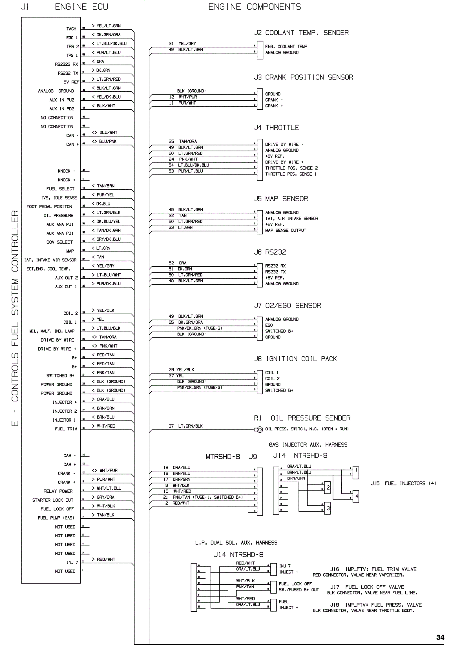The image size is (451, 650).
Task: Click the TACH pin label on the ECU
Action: (x=71, y=29)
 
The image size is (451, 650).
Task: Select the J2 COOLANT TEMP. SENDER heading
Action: (x=301, y=33)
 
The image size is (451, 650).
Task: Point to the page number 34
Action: (x=440, y=637)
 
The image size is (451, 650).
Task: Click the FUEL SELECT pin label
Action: (x=60, y=189)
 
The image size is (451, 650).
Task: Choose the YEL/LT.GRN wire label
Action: (x=109, y=26)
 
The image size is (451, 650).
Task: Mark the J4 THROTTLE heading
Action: (x=276, y=128)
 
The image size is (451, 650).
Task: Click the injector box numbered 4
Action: (x=357, y=496)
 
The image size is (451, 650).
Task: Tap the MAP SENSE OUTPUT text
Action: (x=286, y=230)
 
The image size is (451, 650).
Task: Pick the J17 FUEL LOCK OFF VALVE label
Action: (x=367, y=587)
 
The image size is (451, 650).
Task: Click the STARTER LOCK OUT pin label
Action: (x=52, y=500)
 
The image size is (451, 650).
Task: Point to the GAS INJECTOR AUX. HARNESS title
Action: (x=308, y=445)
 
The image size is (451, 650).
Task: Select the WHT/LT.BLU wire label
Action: (x=109, y=488)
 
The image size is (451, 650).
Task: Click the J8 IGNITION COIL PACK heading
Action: (x=295, y=359)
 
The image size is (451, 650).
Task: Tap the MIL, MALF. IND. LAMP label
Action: (x=52, y=331)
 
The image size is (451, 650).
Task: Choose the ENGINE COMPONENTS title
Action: (x=255, y=7)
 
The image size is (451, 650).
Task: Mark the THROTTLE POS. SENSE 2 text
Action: (x=291, y=168)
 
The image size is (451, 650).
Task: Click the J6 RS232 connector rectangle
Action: (x=260, y=275)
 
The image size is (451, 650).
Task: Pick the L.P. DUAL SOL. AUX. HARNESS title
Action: (x=236, y=543)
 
